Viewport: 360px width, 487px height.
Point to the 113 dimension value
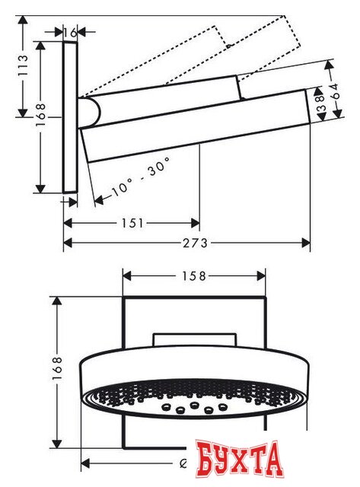[24, 71]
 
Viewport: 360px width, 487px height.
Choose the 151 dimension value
[131, 223]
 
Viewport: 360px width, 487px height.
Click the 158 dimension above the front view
[194, 276]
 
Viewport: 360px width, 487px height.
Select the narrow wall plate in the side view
[71, 118]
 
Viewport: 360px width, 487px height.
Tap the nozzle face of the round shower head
[194, 400]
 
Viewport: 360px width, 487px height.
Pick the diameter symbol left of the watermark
[184, 461]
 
